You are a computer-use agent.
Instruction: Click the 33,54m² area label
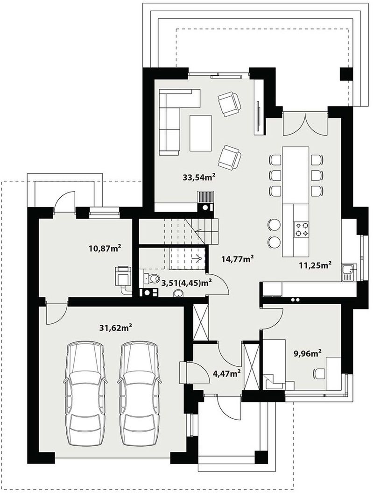[x=199, y=177]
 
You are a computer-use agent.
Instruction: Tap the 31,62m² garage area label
[x=115, y=328]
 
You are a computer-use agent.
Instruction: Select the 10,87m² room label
[x=105, y=249]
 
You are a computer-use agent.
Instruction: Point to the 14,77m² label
[x=238, y=259]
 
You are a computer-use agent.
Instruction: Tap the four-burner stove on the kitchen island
[x=301, y=229]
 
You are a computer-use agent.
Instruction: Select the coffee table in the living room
[x=201, y=133]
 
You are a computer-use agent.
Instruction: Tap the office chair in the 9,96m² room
[x=319, y=373]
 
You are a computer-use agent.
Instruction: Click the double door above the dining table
[x=305, y=123]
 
